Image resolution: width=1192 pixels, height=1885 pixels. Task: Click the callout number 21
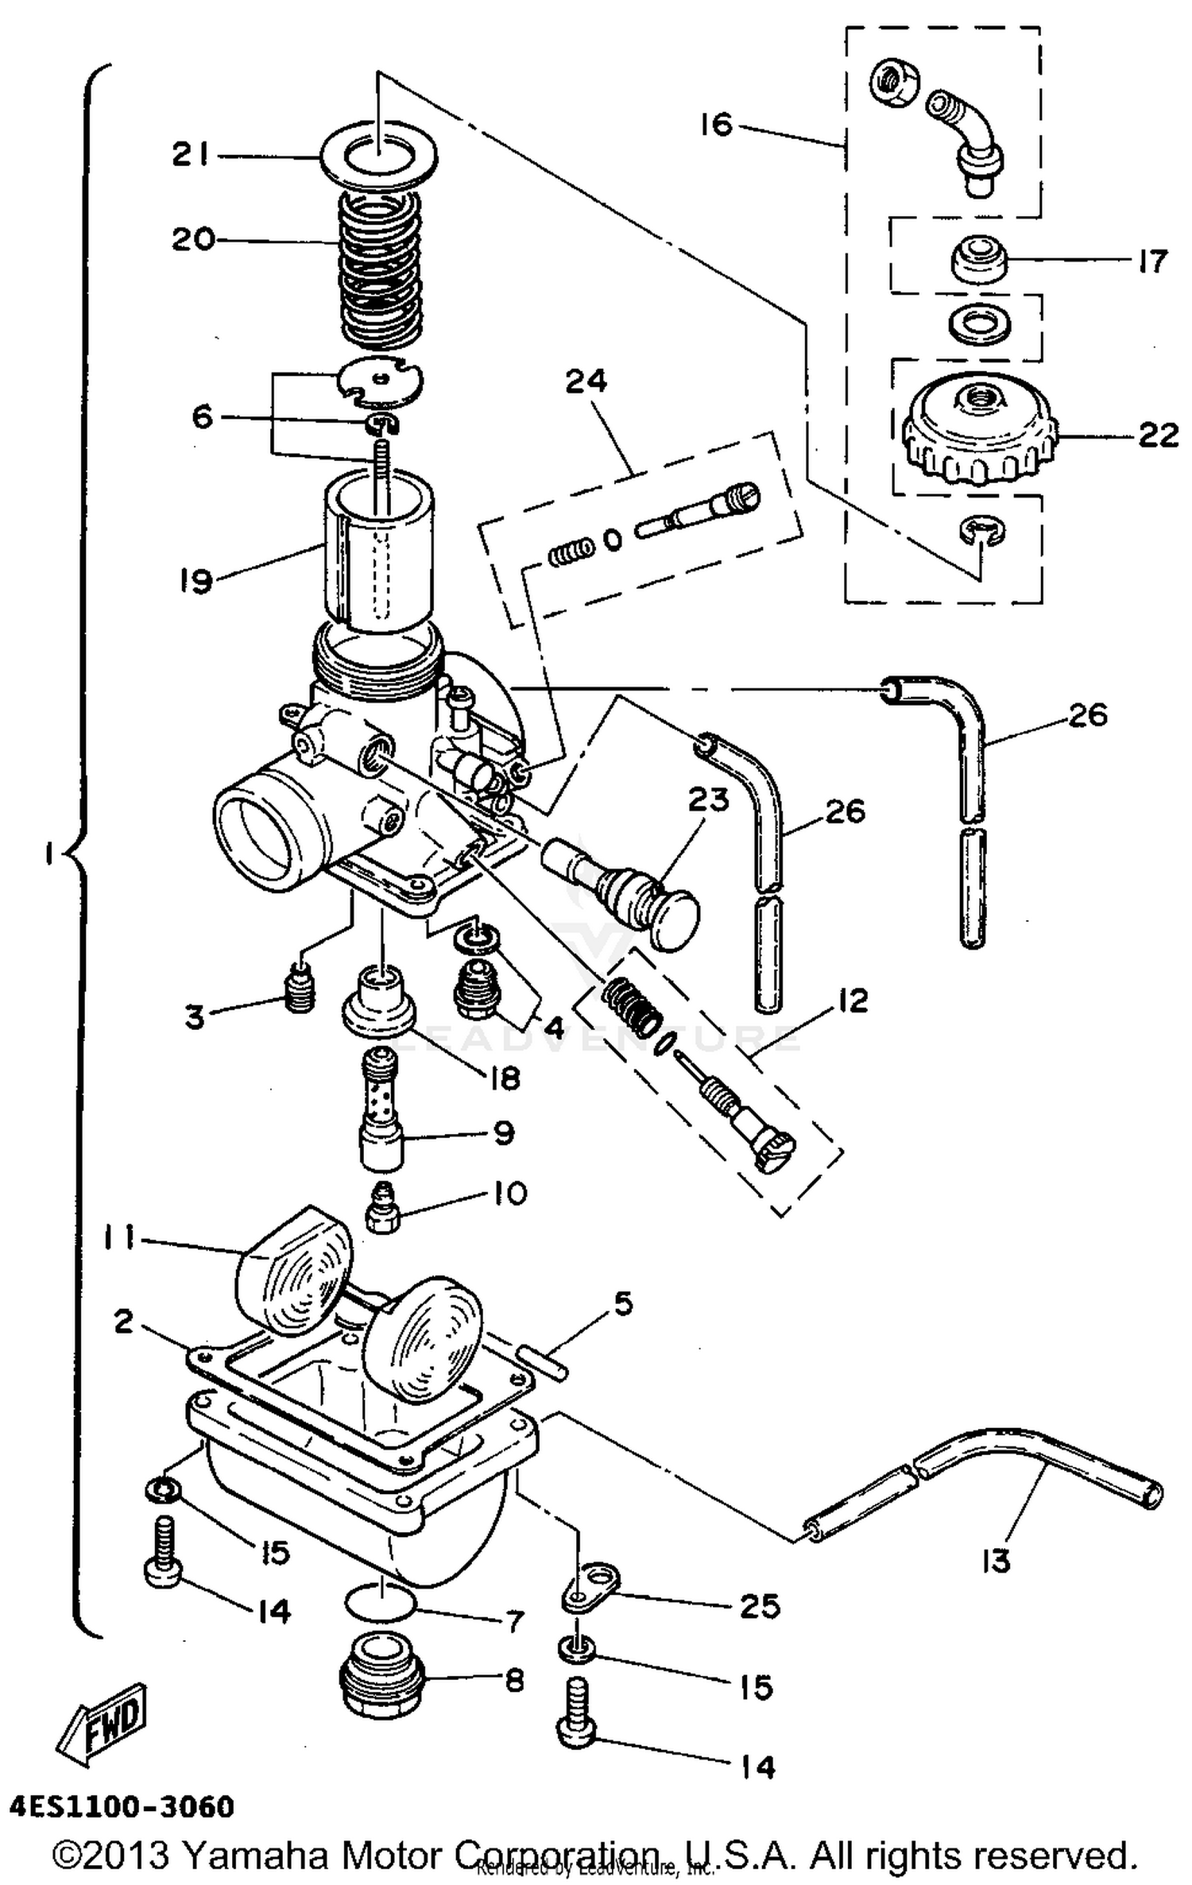click(191, 154)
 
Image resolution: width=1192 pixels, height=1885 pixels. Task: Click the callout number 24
click(586, 382)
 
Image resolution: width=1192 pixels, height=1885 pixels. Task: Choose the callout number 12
click(852, 1001)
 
